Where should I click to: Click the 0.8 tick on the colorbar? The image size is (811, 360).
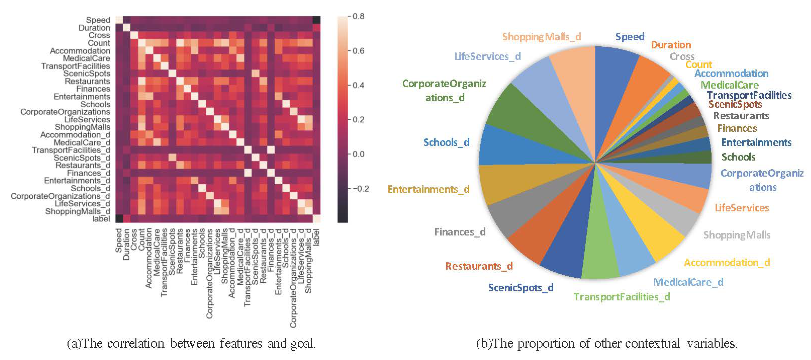click(x=358, y=16)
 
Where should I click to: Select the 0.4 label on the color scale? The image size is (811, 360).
click(x=358, y=85)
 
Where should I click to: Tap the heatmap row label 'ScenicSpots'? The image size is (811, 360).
click(x=87, y=74)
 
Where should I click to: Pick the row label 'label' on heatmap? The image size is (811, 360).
click(x=101, y=219)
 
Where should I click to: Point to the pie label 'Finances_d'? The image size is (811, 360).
click(x=460, y=232)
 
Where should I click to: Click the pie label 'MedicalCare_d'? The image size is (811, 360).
click(x=688, y=282)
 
